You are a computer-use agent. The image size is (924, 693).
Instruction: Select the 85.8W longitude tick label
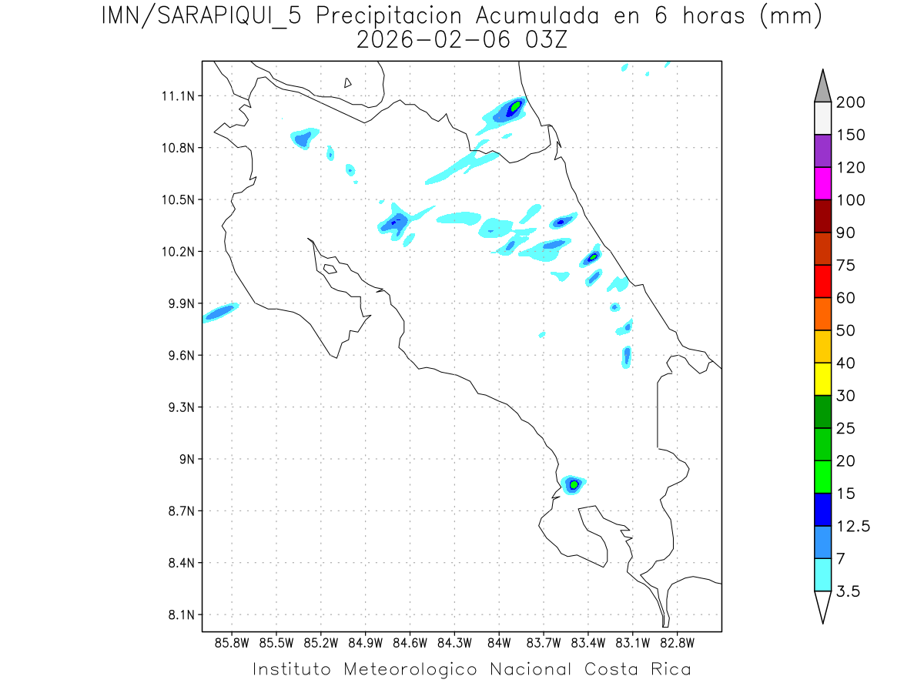click(x=232, y=642)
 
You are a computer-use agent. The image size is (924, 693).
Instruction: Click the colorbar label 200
click(x=850, y=102)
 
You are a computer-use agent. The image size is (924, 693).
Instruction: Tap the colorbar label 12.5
click(x=853, y=526)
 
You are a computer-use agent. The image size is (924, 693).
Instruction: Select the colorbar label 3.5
click(x=849, y=591)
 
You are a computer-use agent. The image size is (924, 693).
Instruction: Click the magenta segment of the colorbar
click(x=822, y=184)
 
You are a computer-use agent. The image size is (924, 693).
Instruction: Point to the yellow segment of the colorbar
click(x=822, y=380)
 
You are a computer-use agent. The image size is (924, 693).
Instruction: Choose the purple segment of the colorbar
click(x=822, y=152)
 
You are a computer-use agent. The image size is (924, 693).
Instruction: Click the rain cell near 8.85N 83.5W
click(x=574, y=484)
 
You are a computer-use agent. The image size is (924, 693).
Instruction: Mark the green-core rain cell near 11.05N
click(x=514, y=106)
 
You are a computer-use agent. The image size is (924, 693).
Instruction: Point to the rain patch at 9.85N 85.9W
click(x=219, y=311)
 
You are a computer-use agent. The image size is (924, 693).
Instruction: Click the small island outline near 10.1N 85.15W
click(x=330, y=269)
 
